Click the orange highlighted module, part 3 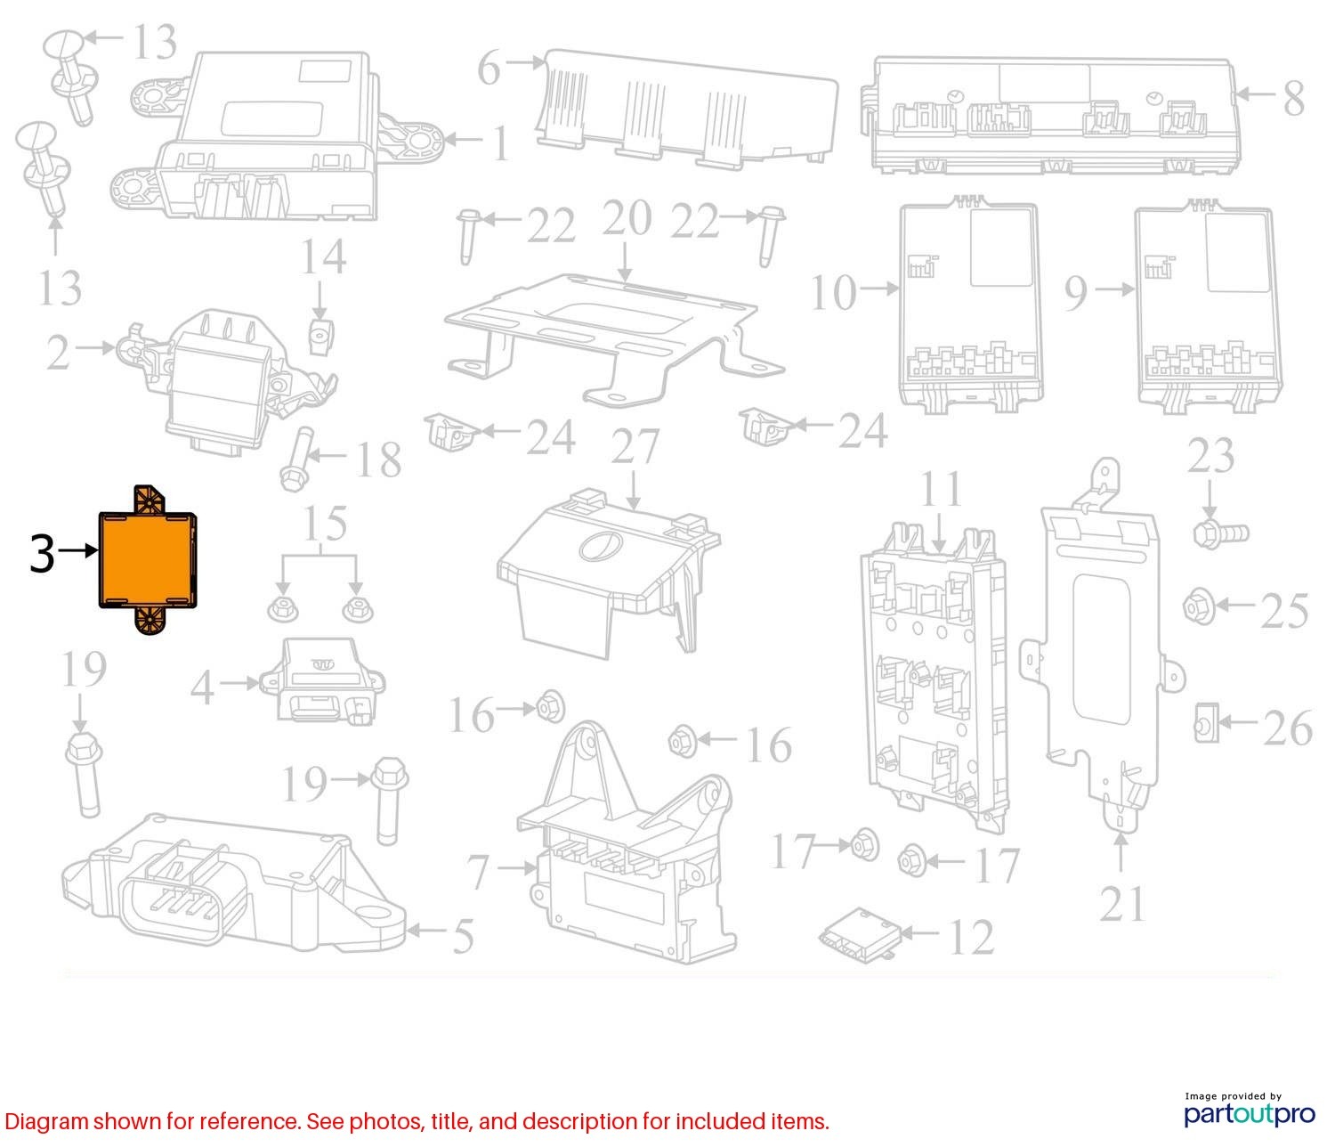[147, 560]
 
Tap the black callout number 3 [42, 553]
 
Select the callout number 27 [635, 446]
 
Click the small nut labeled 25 [1199, 606]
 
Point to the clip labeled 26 [1206, 722]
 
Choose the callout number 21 [1122, 904]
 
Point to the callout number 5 [463, 936]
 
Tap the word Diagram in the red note [46, 1121]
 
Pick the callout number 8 [1294, 99]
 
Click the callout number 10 [833, 293]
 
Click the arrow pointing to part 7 [517, 867]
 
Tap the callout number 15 [325, 523]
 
